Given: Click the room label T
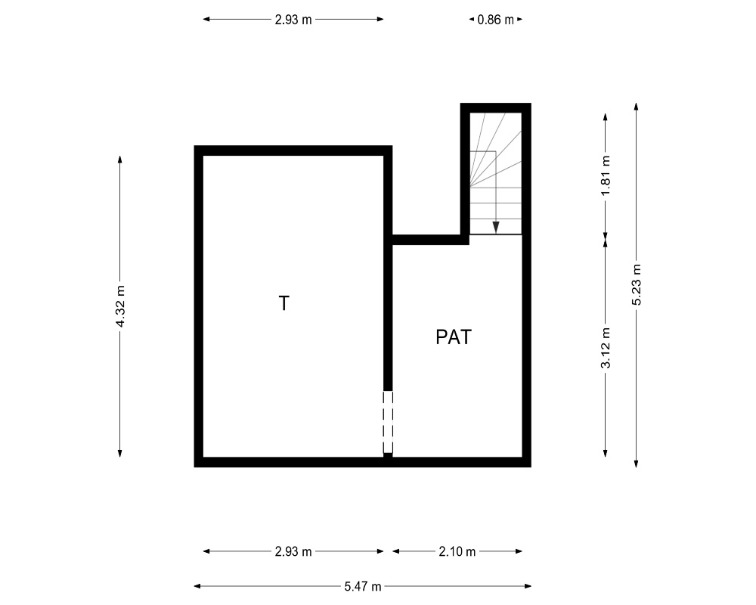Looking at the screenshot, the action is click(x=284, y=303).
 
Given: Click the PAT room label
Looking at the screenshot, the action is click(x=453, y=337).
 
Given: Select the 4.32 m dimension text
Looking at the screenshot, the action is click(x=120, y=306).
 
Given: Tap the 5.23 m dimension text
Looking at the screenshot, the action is click(x=637, y=284).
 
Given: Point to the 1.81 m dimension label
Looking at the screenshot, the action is click(x=606, y=176).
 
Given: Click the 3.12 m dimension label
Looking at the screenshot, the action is click(x=606, y=348).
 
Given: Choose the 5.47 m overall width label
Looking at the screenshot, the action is click(x=363, y=587).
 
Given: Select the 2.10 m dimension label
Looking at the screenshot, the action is click(x=457, y=551).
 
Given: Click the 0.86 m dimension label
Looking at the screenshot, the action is click(x=496, y=20).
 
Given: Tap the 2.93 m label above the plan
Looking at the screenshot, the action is click(x=293, y=20).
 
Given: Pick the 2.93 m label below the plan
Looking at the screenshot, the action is click(x=293, y=551).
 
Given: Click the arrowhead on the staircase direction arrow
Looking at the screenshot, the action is click(x=496, y=228).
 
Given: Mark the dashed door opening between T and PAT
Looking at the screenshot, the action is click(x=388, y=422).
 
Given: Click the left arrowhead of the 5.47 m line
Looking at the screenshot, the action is click(x=197, y=587).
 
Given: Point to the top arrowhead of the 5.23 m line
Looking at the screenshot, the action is click(x=637, y=106).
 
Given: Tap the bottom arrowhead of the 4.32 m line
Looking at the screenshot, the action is click(x=120, y=454).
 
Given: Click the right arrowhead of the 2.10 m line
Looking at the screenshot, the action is click(x=519, y=551).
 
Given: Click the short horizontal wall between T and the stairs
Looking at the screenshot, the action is click(x=431, y=240).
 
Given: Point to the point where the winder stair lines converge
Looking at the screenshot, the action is click(x=470, y=187).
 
